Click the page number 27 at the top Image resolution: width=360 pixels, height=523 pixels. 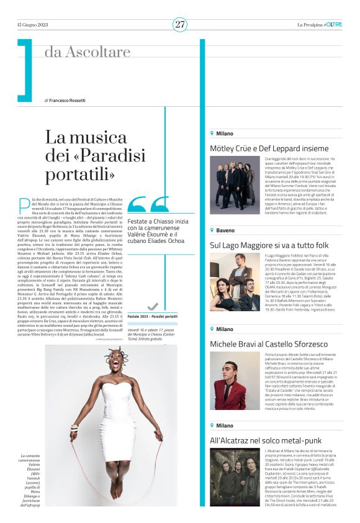tap(180, 24)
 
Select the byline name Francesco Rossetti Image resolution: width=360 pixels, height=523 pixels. tap(70, 100)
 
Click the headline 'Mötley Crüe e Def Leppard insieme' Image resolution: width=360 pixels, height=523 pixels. tap(269, 149)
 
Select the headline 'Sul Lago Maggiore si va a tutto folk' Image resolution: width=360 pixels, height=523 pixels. tap(270, 245)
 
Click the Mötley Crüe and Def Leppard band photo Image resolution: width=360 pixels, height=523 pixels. tap(235, 187)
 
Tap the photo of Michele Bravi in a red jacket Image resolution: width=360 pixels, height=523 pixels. tap(235, 383)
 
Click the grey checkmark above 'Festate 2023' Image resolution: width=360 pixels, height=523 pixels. tap(153, 306)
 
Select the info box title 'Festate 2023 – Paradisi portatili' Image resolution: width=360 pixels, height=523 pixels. tap(153, 317)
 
